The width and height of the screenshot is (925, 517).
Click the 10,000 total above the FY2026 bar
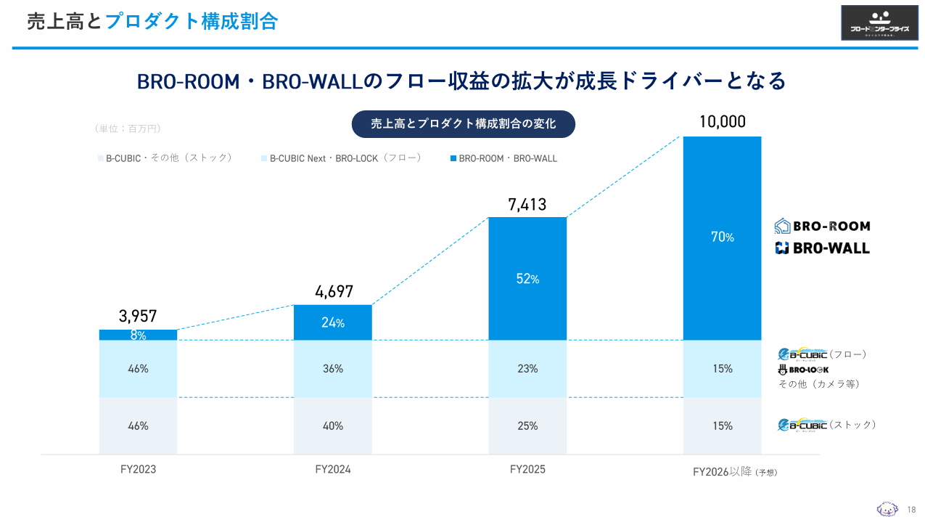[722, 122]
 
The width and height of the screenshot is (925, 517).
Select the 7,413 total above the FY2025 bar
[527, 205]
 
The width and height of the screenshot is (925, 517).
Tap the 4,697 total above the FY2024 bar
[334, 292]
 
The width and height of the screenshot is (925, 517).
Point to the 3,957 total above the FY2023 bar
[138, 317]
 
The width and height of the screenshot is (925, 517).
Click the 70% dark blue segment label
[723, 237]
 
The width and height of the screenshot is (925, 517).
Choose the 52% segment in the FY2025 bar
[527, 279]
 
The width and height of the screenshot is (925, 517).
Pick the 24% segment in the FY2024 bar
[333, 323]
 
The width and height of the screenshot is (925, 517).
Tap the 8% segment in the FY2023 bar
[138, 335]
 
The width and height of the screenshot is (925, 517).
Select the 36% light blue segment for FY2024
[333, 369]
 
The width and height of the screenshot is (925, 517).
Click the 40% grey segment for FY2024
[333, 426]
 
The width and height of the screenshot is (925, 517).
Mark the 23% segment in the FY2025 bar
[527, 369]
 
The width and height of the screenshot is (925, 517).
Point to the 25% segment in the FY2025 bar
[527, 426]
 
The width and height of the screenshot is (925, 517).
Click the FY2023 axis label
[138, 470]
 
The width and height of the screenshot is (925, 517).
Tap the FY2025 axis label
[527, 470]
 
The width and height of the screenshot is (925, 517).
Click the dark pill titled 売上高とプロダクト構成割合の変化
[463, 124]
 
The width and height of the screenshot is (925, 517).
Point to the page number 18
[912, 509]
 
